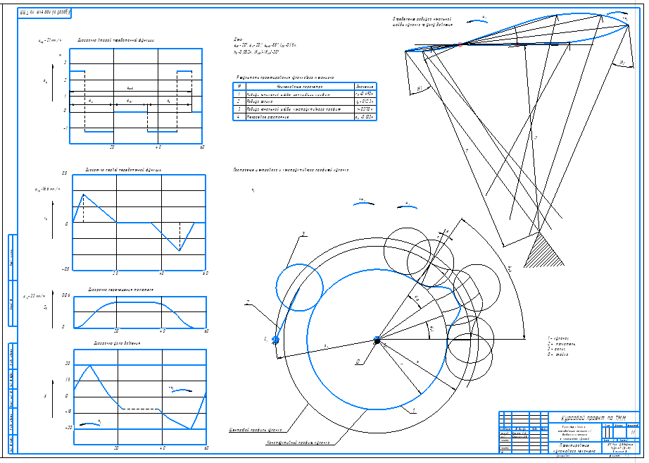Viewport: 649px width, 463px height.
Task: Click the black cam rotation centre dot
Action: click(x=377, y=340)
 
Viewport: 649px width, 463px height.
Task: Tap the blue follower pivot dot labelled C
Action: click(x=275, y=340)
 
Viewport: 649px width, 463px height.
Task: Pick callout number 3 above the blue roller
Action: click(x=303, y=233)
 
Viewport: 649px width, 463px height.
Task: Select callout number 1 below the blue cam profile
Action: click(x=414, y=409)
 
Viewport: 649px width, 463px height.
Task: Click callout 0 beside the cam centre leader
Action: click(x=358, y=362)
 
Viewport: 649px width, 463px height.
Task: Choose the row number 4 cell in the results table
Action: click(x=239, y=118)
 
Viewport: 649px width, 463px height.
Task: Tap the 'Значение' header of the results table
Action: click(x=365, y=85)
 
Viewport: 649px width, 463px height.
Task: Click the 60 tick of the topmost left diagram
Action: click(x=203, y=147)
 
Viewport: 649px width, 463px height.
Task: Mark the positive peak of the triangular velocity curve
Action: click(x=84, y=194)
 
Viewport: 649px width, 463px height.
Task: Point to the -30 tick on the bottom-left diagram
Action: click(x=68, y=428)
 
